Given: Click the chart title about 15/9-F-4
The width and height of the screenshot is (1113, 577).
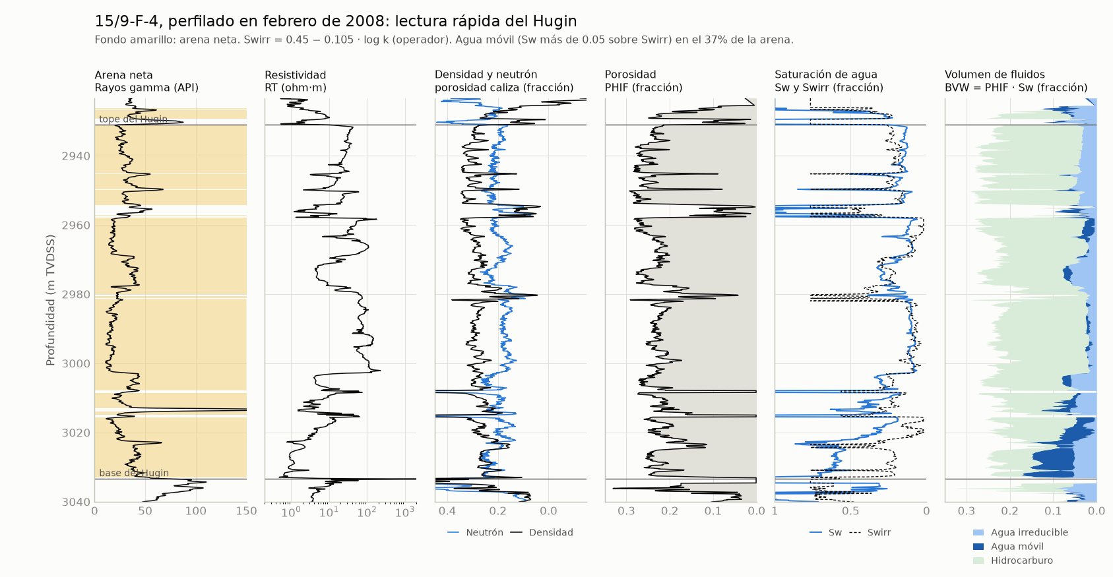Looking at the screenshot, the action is point(336,21).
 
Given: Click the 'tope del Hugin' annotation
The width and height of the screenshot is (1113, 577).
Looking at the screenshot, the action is point(133,119).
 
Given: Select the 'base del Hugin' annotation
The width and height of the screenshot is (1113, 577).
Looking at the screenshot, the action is point(134,473).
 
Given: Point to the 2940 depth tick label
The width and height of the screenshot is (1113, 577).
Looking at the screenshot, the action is point(76,156).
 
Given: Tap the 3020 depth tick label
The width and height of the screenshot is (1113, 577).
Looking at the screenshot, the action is point(76,433).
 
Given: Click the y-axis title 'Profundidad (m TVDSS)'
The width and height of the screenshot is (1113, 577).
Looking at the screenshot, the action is point(50,300).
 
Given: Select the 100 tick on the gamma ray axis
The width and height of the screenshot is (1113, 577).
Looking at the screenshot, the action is point(196,511).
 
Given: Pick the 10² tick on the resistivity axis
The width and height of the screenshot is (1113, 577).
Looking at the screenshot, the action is point(367,512).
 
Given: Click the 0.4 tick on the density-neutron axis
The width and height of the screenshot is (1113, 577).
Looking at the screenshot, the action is point(447,511).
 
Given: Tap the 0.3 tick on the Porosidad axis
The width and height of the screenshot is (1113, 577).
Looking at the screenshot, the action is point(626,511).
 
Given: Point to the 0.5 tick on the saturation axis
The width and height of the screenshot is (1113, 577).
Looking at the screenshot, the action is point(850,511).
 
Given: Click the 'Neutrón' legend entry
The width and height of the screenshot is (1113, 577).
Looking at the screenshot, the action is point(476,532).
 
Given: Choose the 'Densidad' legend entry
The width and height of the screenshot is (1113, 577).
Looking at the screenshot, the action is point(542,532).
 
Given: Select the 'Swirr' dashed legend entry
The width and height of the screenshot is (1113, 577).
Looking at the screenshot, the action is point(870,532).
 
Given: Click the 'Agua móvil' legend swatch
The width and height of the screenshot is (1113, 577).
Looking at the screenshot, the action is point(978,547).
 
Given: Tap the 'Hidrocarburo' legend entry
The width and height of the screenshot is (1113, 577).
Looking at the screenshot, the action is point(1013,561).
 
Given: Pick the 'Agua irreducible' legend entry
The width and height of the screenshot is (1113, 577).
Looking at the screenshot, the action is point(1021,532).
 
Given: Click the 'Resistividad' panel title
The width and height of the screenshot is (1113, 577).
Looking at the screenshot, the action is point(295,75).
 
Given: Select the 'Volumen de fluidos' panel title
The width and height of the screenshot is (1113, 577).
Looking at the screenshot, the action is point(995,75).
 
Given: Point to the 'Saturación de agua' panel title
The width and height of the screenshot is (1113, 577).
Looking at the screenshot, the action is point(826,75).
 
